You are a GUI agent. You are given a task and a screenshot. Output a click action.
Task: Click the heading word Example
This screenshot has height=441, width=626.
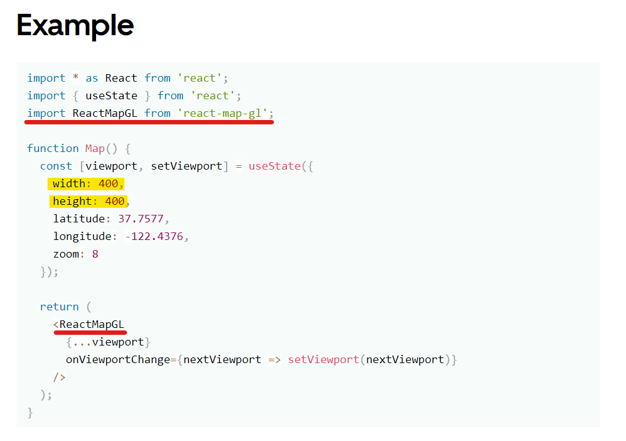click(x=75, y=26)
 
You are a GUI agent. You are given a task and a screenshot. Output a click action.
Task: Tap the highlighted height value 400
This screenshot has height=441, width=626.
click(x=114, y=201)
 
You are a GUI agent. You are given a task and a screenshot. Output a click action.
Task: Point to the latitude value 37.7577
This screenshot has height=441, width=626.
click(x=144, y=219)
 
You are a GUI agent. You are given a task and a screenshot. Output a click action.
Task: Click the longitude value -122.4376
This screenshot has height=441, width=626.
click(x=156, y=236)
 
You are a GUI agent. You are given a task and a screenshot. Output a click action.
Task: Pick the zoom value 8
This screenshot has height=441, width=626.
click(x=95, y=254)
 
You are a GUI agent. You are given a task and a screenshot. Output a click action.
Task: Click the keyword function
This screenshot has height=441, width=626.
click(x=53, y=148)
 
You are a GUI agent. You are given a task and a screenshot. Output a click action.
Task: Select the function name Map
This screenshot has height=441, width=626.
click(x=95, y=148)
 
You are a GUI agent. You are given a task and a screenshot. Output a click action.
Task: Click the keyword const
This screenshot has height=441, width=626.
click(x=56, y=166)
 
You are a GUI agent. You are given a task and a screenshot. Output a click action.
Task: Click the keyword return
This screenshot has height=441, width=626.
click(x=59, y=307)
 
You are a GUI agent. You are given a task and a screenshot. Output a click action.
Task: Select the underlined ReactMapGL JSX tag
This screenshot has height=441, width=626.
click(x=92, y=324)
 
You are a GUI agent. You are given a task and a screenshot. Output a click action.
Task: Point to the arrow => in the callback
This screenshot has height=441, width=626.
click(x=274, y=359)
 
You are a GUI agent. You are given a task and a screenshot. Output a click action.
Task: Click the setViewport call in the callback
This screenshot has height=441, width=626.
click(x=323, y=359)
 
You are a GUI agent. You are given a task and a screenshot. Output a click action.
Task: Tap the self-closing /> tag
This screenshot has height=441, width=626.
click(x=59, y=377)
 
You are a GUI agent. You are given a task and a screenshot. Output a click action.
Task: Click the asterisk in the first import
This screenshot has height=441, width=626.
click(x=75, y=79)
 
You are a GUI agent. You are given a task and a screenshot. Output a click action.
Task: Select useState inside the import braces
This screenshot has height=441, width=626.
click(x=111, y=95)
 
